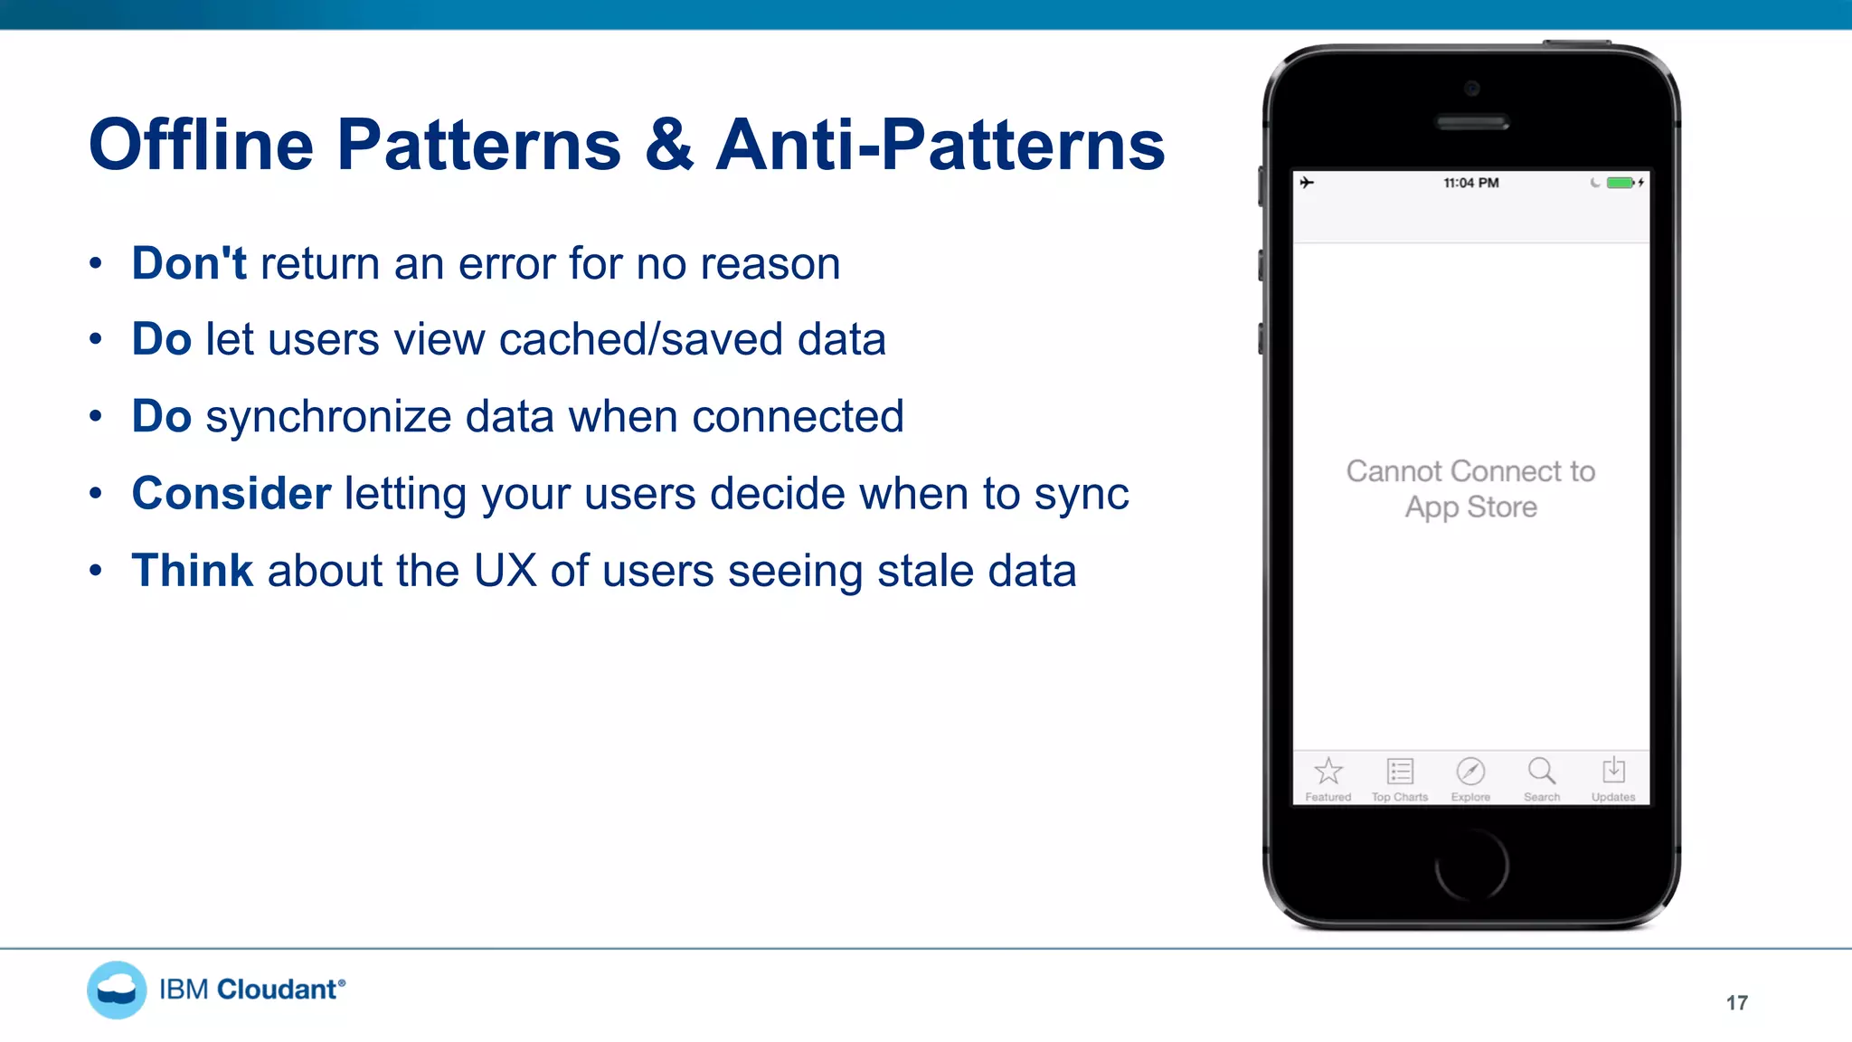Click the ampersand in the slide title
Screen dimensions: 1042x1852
point(669,145)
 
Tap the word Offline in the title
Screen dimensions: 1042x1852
point(201,145)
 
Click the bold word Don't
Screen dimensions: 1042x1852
point(189,263)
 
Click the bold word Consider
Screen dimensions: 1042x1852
point(231,494)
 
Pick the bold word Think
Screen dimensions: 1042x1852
point(193,571)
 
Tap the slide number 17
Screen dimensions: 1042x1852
point(1736,1002)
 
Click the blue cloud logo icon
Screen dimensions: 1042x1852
point(117,990)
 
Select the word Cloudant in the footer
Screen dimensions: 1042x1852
point(278,990)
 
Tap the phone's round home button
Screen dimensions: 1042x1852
point(1471,865)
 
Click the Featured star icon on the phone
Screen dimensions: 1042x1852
point(1328,772)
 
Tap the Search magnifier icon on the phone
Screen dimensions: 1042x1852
point(1542,772)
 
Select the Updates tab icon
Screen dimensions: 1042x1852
point(1613,772)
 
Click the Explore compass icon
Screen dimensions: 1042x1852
point(1470,772)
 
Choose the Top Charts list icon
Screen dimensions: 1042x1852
point(1400,772)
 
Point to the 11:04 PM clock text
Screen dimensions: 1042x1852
point(1471,183)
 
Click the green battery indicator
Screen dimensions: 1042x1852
point(1620,183)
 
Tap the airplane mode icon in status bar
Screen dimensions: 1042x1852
point(1307,183)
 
